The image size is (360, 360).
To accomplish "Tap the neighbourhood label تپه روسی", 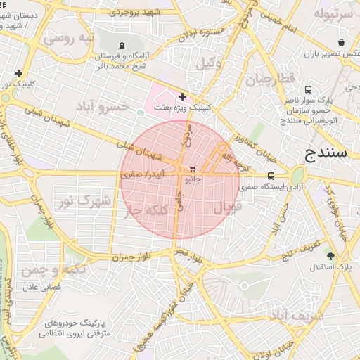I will [69, 38].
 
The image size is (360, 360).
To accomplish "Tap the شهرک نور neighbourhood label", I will [85, 201].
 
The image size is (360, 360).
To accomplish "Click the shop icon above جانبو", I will [193, 168].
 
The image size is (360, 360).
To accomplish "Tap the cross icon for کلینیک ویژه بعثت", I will [183, 96].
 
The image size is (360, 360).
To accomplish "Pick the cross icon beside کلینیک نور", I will [18, 73].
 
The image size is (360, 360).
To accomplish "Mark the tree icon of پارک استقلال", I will [330, 256].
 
